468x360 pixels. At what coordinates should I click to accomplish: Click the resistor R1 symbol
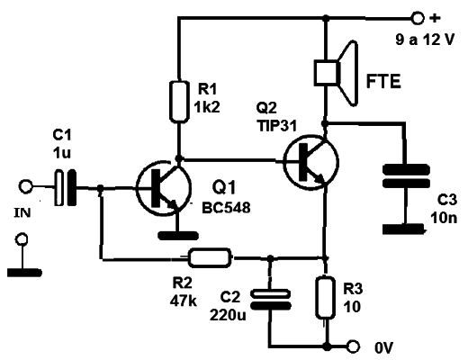pos(179,102)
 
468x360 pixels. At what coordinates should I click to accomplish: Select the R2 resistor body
pos(210,257)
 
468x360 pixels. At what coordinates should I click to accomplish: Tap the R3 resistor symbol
pos(325,298)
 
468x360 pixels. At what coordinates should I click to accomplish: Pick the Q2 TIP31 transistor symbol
pos(311,162)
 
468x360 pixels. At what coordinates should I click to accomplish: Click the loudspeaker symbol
pos(336,73)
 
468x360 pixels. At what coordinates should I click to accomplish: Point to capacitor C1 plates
pos(65,188)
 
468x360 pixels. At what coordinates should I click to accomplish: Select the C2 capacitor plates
pos(271,300)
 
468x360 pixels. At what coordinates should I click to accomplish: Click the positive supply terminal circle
pos(418,18)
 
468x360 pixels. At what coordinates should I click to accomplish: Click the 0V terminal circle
pos(353,346)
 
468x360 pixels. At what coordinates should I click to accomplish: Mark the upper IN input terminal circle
pos(25,186)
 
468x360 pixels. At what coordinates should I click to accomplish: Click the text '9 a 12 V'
pos(425,40)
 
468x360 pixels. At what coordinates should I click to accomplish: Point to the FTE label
pos(383,81)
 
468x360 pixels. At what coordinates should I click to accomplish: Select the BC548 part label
pos(226,208)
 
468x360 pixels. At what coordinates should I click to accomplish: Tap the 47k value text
pos(184,301)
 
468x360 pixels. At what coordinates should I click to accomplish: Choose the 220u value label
pos(228,315)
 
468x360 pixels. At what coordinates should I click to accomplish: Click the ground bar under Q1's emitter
pos(178,236)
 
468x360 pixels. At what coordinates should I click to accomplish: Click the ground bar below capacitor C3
pos(404,229)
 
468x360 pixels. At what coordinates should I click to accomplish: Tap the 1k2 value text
pos(207,106)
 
